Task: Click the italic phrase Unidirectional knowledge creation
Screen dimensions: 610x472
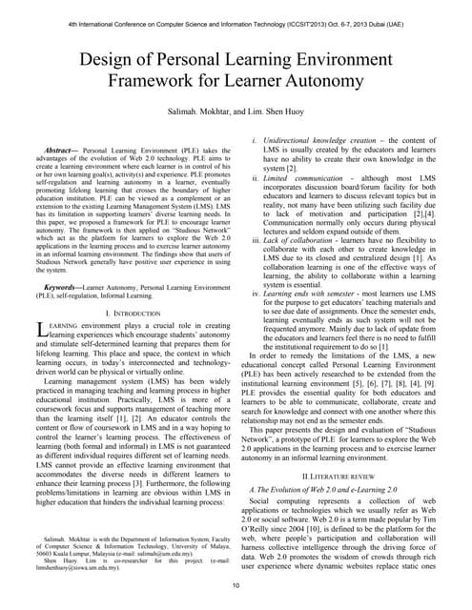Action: [x=321, y=142]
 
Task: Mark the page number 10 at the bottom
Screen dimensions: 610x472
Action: [x=236, y=598]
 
